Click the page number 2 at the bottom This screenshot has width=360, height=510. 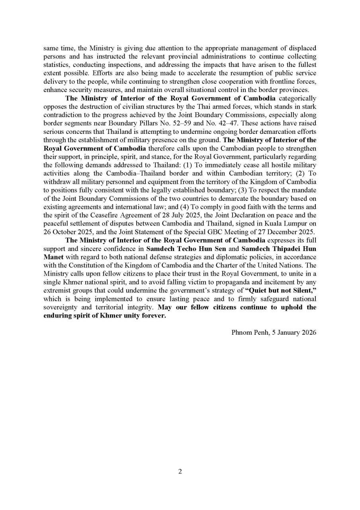tap(180, 472)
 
